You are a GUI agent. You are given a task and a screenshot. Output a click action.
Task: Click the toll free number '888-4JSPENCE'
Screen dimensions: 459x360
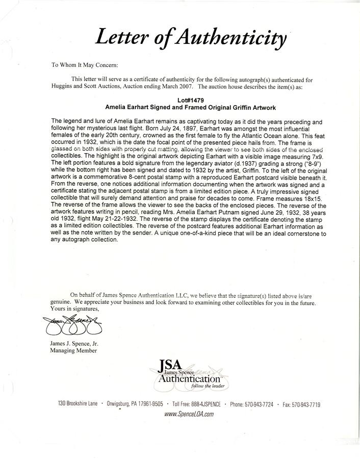(204, 403)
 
